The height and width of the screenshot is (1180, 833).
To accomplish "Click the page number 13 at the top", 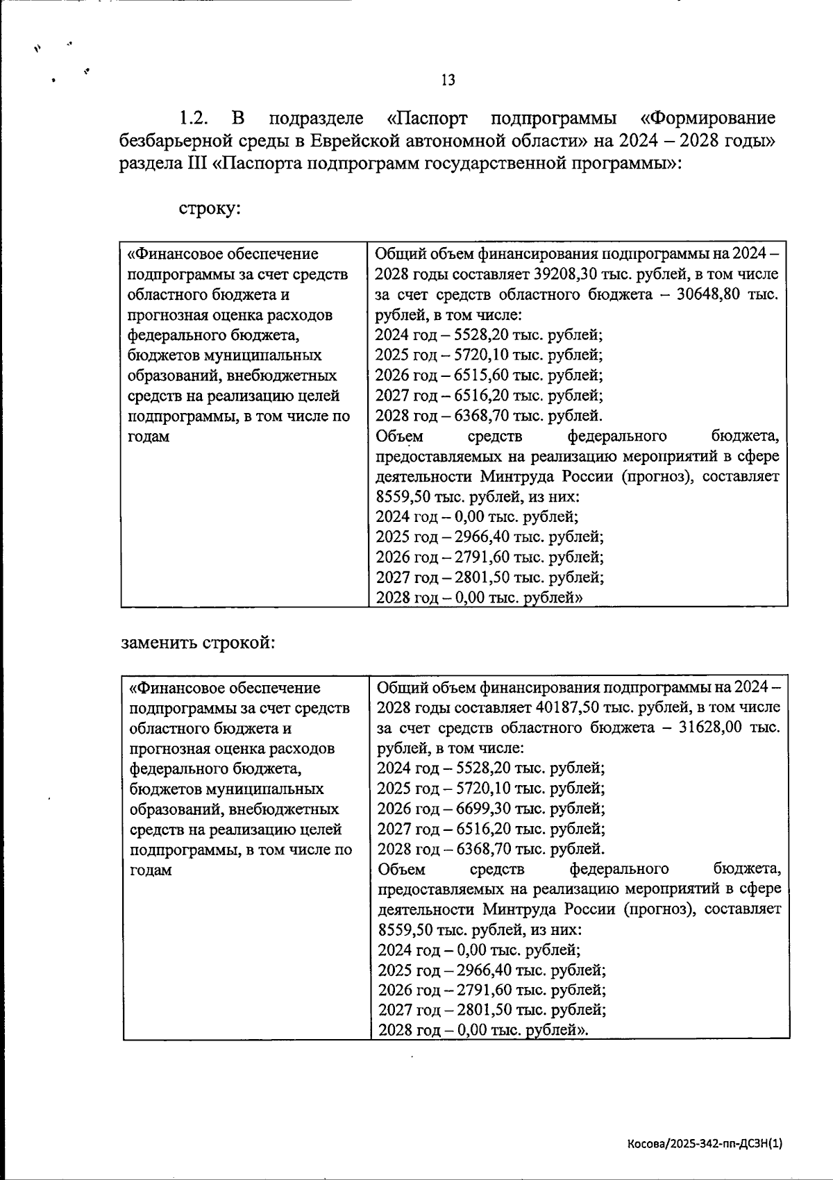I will coord(448,81).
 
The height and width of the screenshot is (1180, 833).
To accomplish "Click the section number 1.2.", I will coord(194,118).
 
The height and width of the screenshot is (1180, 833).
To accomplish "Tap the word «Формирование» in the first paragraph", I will coord(707,118).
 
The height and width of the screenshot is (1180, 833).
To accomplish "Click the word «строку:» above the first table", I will coord(210,208).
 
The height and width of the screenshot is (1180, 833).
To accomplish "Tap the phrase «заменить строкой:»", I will coord(198,643).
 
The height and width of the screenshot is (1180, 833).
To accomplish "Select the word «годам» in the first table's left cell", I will coord(149,437).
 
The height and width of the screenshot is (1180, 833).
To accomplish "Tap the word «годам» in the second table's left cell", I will coord(151,870).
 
